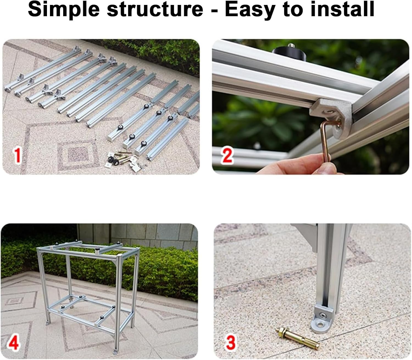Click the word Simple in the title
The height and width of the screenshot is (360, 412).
[x=64, y=9]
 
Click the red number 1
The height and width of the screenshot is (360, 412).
[x=18, y=155]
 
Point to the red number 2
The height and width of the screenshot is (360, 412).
[x=227, y=155]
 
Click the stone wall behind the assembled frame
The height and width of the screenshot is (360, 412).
[x=137, y=233]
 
